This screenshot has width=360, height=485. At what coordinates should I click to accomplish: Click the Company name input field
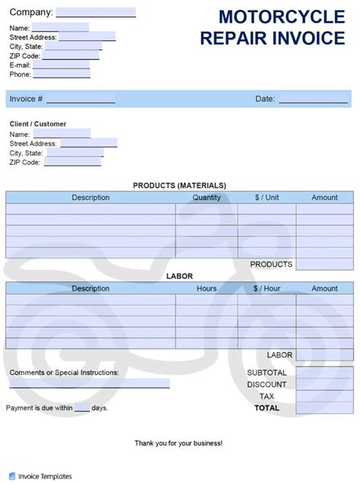pyautogui.click(x=96, y=12)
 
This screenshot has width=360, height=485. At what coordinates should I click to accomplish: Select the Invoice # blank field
pyautogui.click(x=81, y=99)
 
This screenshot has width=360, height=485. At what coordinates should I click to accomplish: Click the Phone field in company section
pyautogui.click(x=61, y=74)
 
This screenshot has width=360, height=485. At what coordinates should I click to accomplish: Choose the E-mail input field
pyautogui.click(x=62, y=65)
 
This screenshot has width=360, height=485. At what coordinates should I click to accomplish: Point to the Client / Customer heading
pyautogui.click(x=37, y=124)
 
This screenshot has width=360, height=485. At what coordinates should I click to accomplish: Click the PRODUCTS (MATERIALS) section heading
pyautogui.click(x=179, y=185)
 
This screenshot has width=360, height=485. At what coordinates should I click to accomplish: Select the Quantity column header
pyautogui.click(x=207, y=198)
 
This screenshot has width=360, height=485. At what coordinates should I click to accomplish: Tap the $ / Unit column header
pyautogui.click(x=267, y=198)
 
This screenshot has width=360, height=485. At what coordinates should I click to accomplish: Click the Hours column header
pyautogui.click(x=207, y=289)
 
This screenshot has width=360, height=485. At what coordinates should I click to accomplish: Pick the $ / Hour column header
pyautogui.click(x=267, y=289)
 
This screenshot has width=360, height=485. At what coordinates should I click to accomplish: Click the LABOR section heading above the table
pyautogui.click(x=179, y=277)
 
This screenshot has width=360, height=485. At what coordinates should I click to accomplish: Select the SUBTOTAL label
pyautogui.click(x=267, y=373)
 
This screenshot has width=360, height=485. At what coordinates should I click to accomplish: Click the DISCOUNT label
pyautogui.click(x=267, y=385)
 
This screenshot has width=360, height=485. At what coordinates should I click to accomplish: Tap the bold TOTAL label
pyautogui.click(x=267, y=408)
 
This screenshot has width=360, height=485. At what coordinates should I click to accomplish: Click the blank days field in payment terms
pyautogui.click(x=82, y=407)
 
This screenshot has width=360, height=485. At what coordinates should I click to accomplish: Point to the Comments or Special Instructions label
pyautogui.click(x=64, y=372)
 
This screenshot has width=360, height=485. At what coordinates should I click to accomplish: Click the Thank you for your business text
pyautogui.click(x=178, y=443)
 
